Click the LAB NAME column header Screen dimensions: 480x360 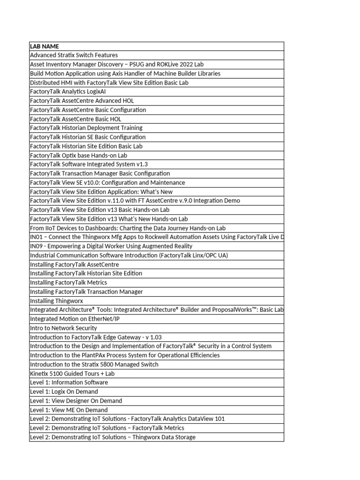tap(44, 46)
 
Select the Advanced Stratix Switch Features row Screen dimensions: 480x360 tap(74, 55)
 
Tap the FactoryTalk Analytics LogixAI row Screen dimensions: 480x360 tap(67, 92)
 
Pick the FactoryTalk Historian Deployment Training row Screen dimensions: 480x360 tap(86, 128)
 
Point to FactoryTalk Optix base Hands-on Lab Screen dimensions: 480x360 tap(78, 155)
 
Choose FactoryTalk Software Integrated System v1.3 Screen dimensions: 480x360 tap(89, 165)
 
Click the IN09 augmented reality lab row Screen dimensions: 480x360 tap(111, 246)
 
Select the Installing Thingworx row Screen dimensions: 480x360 tap(56, 301)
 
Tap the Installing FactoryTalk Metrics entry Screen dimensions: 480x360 tap(68, 283)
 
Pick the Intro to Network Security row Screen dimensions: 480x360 tap(63, 328)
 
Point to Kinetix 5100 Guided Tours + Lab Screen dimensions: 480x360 tap(72, 374)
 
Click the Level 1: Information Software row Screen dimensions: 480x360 tap(68, 382)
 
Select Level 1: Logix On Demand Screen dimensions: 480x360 tap(64, 391)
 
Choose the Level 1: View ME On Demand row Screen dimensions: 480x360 tap(68, 410)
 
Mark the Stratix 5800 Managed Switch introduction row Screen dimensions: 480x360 tap(94, 364)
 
